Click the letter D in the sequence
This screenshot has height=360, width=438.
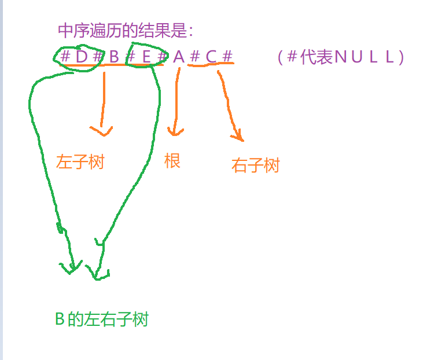(x=81, y=57)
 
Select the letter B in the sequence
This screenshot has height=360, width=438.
(x=113, y=57)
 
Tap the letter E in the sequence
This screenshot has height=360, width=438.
(x=146, y=57)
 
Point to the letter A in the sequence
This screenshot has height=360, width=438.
(x=178, y=57)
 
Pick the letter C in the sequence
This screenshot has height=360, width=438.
(x=211, y=57)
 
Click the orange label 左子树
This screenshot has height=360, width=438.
(x=80, y=161)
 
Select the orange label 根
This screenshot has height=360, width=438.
(x=172, y=160)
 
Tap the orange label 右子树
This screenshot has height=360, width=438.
(x=255, y=166)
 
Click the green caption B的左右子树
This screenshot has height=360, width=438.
(x=102, y=319)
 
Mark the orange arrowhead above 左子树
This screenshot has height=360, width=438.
(x=102, y=130)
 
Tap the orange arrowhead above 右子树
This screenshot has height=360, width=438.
(x=237, y=137)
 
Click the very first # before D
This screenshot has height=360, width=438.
(x=65, y=57)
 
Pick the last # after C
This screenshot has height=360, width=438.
(x=227, y=57)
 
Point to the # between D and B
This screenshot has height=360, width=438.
(x=97, y=57)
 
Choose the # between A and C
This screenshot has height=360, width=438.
(x=194, y=57)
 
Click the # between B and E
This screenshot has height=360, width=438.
(x=130, y=57)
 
